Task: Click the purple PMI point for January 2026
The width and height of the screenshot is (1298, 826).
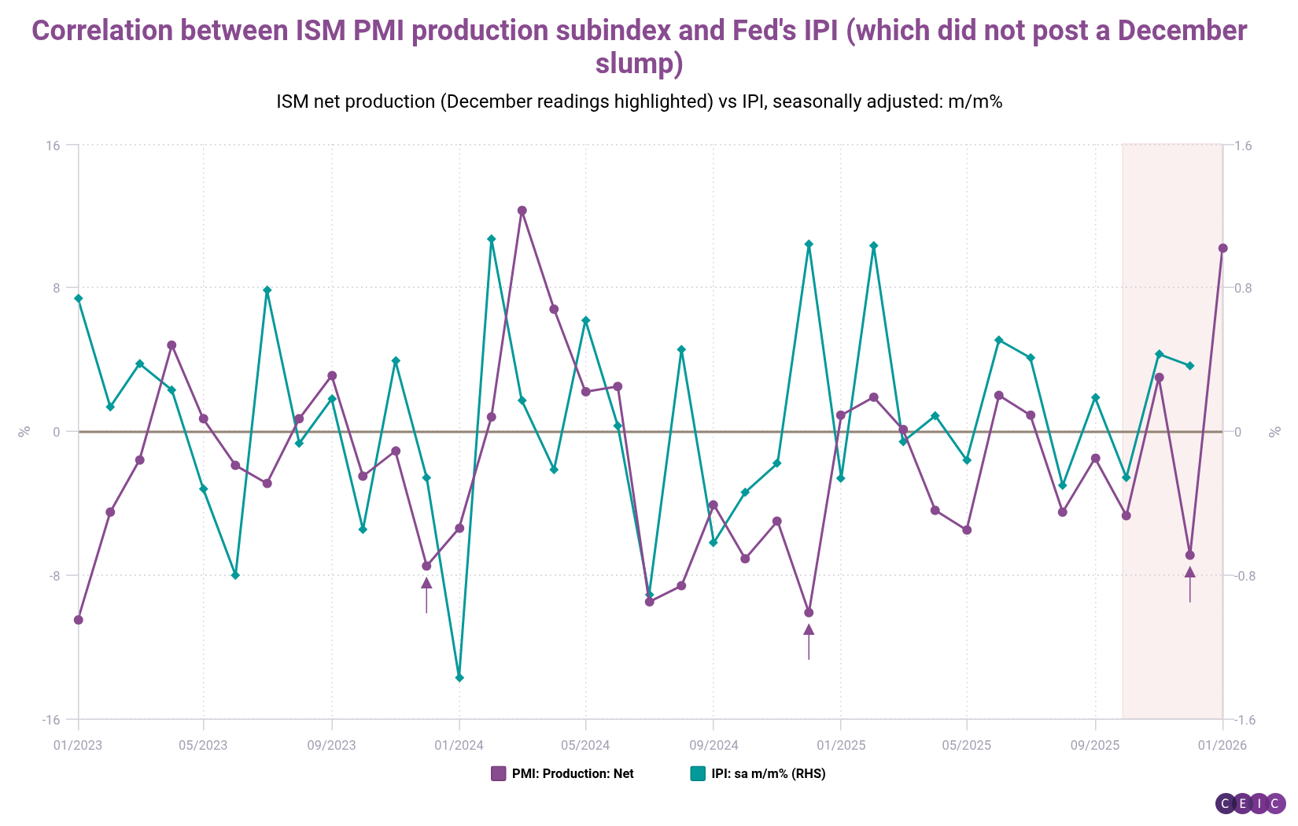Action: pos(1222,249)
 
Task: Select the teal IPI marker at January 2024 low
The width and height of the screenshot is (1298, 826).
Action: pos(459,677)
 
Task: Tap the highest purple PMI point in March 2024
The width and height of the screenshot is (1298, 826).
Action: pos(522,211)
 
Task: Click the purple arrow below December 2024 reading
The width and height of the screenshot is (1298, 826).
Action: pos(809,640)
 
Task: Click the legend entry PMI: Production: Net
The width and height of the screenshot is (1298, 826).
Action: pos(562,773)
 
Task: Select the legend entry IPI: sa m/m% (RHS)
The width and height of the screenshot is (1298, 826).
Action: pos(758,773)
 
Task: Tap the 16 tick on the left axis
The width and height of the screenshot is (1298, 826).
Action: pos(53,146)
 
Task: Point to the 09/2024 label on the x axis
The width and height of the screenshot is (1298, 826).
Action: pos(714,745)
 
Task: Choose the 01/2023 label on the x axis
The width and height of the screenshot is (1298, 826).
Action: pos(78,745)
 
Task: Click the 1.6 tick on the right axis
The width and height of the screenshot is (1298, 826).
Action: pos(1243,146)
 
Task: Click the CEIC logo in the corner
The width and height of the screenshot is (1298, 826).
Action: pos(1250,803)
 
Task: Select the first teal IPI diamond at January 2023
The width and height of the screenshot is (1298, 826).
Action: pos(79,298)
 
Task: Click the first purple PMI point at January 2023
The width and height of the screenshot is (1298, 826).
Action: pos(79,620)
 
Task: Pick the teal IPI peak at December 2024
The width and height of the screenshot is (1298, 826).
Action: pos(809,245)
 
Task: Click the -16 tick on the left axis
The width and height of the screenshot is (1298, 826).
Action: pos(51,720)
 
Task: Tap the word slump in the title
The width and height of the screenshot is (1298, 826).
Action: pos(639,63)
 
